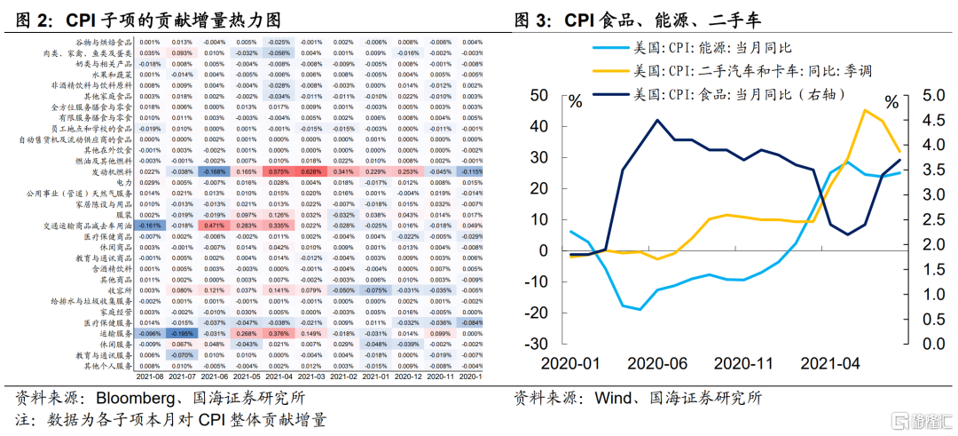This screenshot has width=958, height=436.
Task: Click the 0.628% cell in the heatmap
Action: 310,171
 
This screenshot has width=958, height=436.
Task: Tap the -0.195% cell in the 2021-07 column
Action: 182,333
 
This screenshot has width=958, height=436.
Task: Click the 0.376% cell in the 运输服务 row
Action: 278,333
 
